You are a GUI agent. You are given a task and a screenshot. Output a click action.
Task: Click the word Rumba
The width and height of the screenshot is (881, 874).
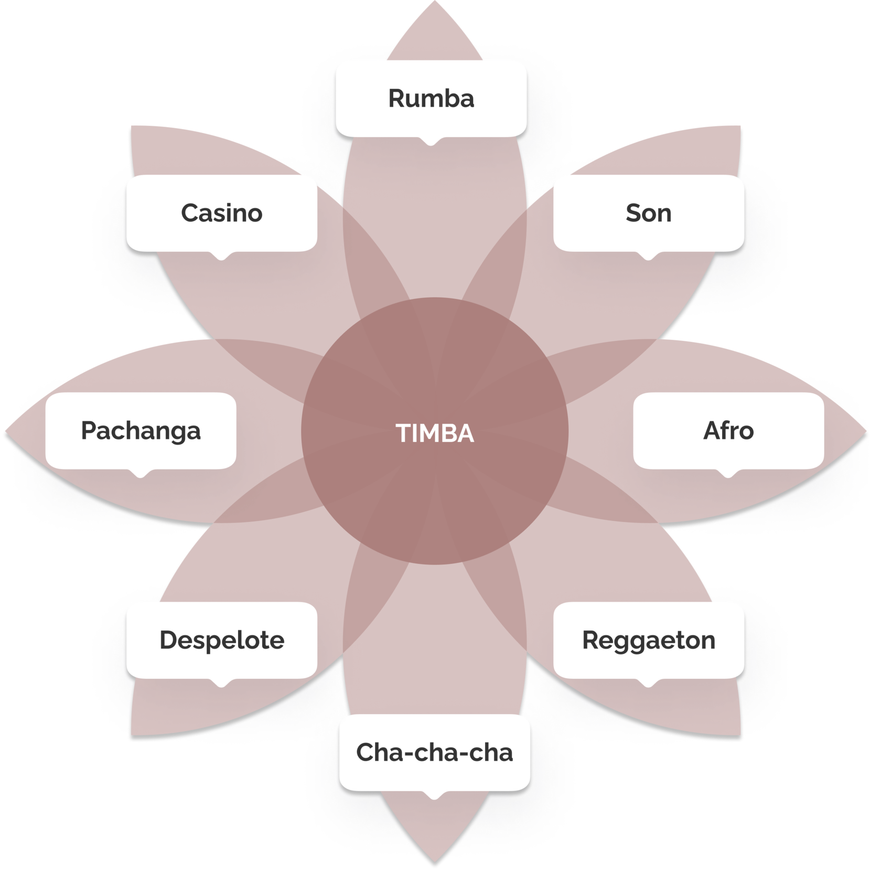tap(431, 99)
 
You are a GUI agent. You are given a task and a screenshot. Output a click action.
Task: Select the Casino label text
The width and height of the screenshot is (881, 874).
tap(221, 213)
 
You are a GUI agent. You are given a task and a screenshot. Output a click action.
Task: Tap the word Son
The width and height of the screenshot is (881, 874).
tap(648, 213)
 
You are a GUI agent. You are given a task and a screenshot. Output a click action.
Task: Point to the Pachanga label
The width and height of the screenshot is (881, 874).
tap(141, 431)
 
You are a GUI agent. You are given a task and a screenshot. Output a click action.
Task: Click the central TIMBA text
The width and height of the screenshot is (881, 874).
tap(435, 433)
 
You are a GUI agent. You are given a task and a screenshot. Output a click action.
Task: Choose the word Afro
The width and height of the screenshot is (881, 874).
tap(728, 431)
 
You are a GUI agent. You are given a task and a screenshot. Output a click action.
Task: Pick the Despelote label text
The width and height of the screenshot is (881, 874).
tap(222, 640)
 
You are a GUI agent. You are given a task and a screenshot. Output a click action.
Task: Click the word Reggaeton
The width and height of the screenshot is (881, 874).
tap(649, 640)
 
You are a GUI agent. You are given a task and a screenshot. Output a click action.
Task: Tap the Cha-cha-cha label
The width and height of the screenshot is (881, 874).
tap(434, 752)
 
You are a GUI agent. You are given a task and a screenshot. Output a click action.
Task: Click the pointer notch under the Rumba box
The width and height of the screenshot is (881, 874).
tap(431, 142)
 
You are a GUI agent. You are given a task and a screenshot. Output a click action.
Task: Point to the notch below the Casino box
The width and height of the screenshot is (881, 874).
tap(221, 257)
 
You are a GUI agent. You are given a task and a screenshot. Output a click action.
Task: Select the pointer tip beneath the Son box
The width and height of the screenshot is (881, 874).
tap(648, 257)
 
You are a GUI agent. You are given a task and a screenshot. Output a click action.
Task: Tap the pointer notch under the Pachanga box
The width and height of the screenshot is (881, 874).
tap(140, 474)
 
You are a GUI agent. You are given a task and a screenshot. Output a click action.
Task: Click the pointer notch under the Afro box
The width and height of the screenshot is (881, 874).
tap(728, 474)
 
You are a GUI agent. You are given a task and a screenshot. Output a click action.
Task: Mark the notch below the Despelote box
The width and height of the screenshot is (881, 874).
tap(221, 684)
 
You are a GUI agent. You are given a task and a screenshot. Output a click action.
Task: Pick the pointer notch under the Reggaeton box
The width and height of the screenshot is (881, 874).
tap(648, 684)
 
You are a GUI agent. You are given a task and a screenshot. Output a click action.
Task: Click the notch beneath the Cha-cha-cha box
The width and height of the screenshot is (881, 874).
tap(434, 796)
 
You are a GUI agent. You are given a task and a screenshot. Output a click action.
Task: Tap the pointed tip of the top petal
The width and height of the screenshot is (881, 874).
tap(435, 3)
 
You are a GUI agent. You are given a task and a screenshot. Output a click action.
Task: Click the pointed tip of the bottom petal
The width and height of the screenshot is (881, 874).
tap(435, 860)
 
